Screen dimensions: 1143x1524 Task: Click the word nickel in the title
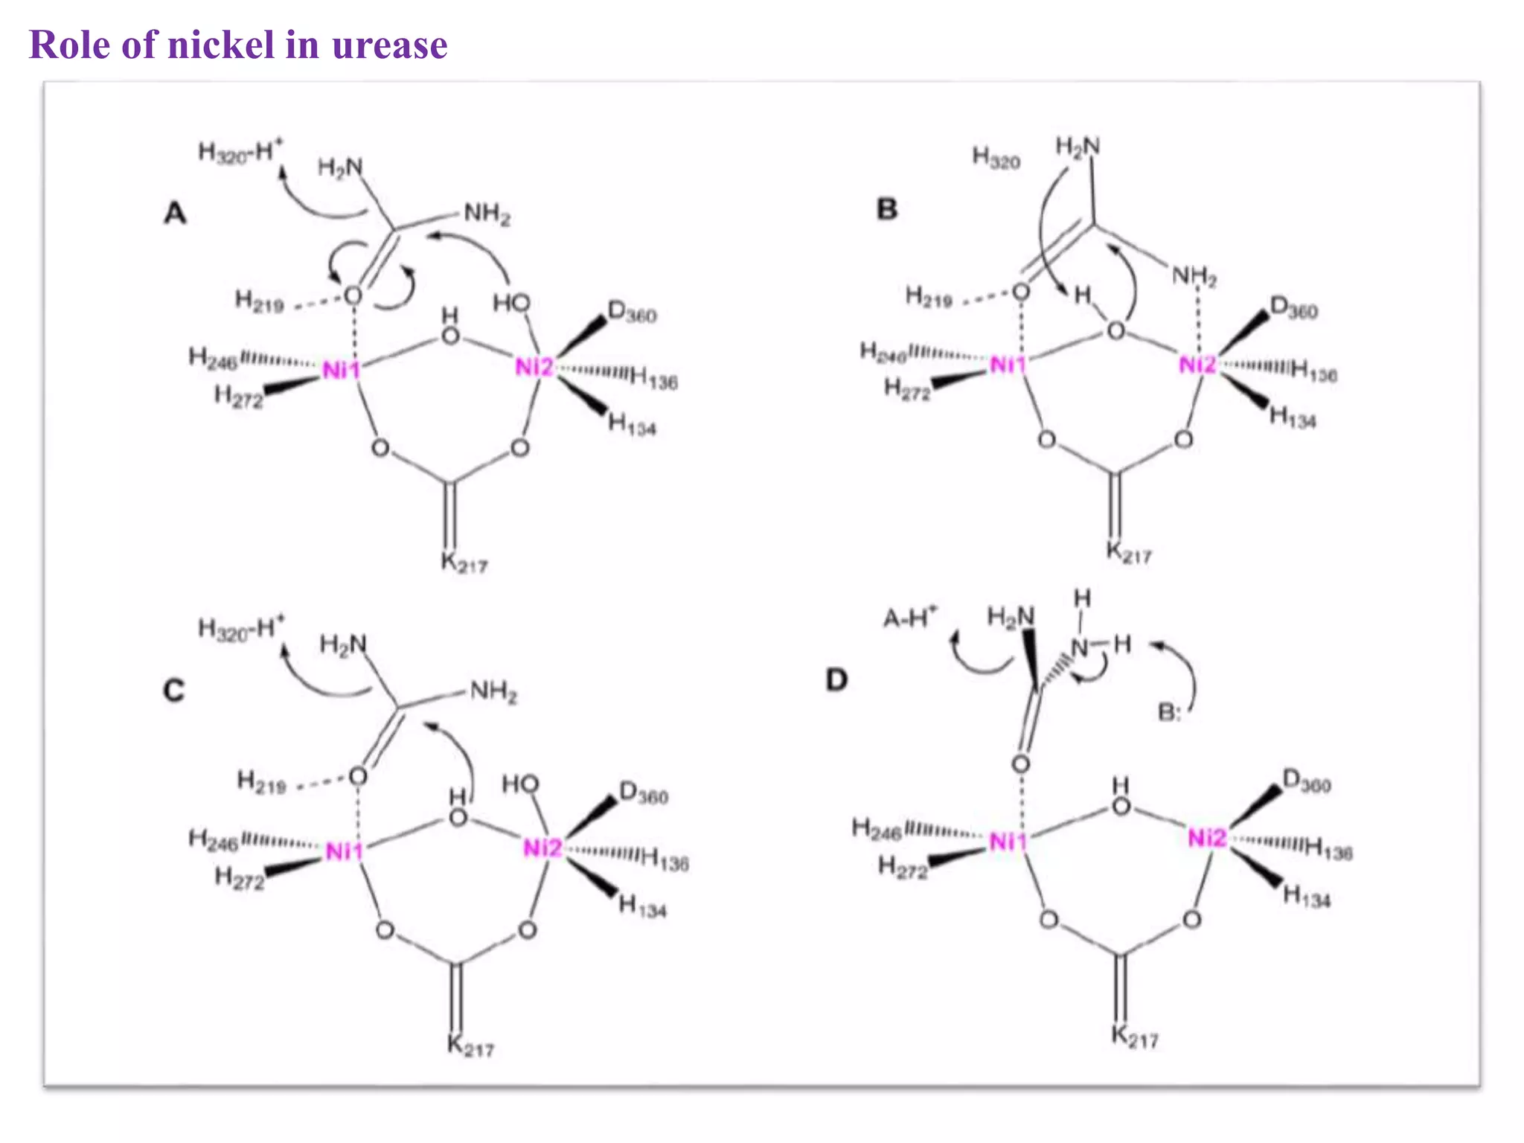(221, 45)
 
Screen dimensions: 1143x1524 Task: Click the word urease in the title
(389, 46)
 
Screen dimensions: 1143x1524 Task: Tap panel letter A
(175, 214)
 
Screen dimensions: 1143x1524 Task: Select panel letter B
(886, 209)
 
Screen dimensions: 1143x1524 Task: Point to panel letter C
(173, 691)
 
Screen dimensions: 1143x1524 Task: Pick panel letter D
(836, 679)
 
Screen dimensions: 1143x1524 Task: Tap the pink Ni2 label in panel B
(1197, 365)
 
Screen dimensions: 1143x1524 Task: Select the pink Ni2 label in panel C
(542, 848)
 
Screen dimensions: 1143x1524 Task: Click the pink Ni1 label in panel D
(1007, 842)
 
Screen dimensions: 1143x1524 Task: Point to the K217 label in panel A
(464, 563)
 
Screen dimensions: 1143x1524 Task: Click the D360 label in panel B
(1293, 308)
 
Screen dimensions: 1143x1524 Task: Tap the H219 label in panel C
(261, 782)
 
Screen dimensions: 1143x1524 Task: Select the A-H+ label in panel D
(909, 618)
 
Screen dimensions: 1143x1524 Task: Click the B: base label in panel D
(1169, 713)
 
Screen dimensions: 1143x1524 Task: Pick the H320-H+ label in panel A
(240, 152)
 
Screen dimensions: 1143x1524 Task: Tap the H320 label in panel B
(996, 158)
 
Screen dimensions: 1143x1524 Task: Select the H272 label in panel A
(238, 397)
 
